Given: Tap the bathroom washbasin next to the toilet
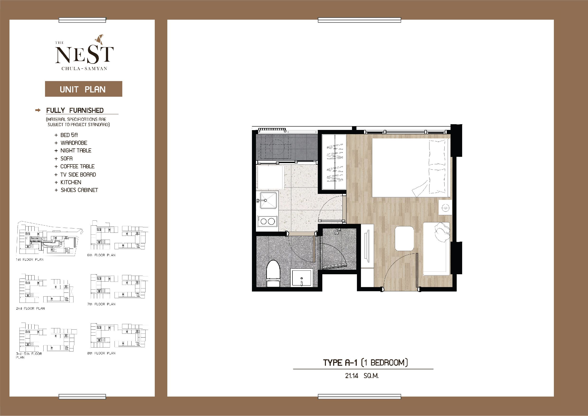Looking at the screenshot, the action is pyautogui.click(x=302, y=278).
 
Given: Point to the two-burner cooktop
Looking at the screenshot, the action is pyautogui.click(x=267, y=221).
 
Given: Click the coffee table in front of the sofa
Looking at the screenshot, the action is pyautogui.click(x=404, y=238).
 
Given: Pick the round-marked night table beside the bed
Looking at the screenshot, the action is pyautogui.click(x=445, y=207).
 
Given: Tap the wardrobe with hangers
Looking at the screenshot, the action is pyautogui.click(x=334, y=162).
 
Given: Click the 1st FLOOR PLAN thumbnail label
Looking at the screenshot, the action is pyautogui.click(x=30, y=260).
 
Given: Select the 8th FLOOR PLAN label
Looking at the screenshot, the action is pyautogui.click(x=101, y=353).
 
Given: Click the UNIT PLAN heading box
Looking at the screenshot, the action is pyautogui.click(x=83, y=89).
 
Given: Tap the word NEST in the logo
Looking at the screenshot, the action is pyautogui.click(x=85, y=55).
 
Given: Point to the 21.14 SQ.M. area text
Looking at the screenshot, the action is pyautogui.click(x=362, y=376).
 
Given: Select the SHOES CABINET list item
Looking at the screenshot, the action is pyautogui.click(x=79, y=190).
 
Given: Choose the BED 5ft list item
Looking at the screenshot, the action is pyautogui.click(x=69, y=135).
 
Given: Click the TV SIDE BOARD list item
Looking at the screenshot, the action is pyautogui.click(x=78, y=174).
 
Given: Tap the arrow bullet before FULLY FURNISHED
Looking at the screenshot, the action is pyautogui.click(x=38, y=110).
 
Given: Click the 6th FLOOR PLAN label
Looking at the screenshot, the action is pyautogui.click(x=101, y=255).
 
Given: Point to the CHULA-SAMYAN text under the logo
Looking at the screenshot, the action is pyautogui.click(x=84, y=69).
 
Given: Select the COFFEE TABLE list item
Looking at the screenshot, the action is pyautogui.click(x=77, y=166).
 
